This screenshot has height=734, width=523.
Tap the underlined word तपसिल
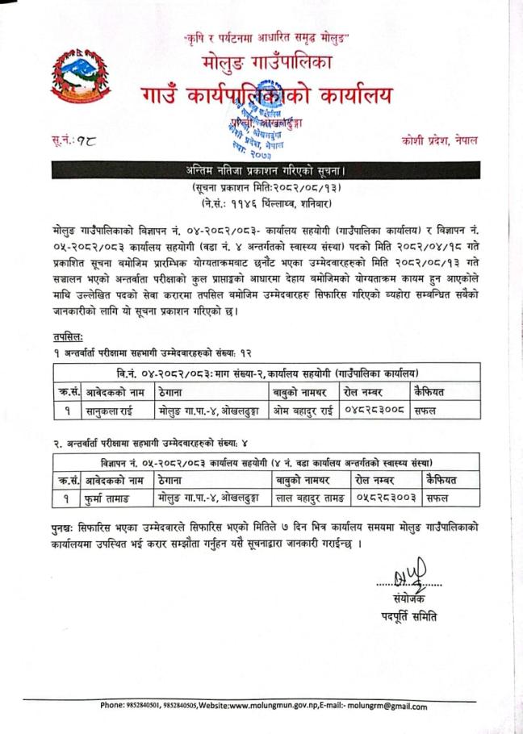tap(62, 336)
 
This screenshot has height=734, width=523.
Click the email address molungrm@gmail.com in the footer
tap(387, 706)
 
